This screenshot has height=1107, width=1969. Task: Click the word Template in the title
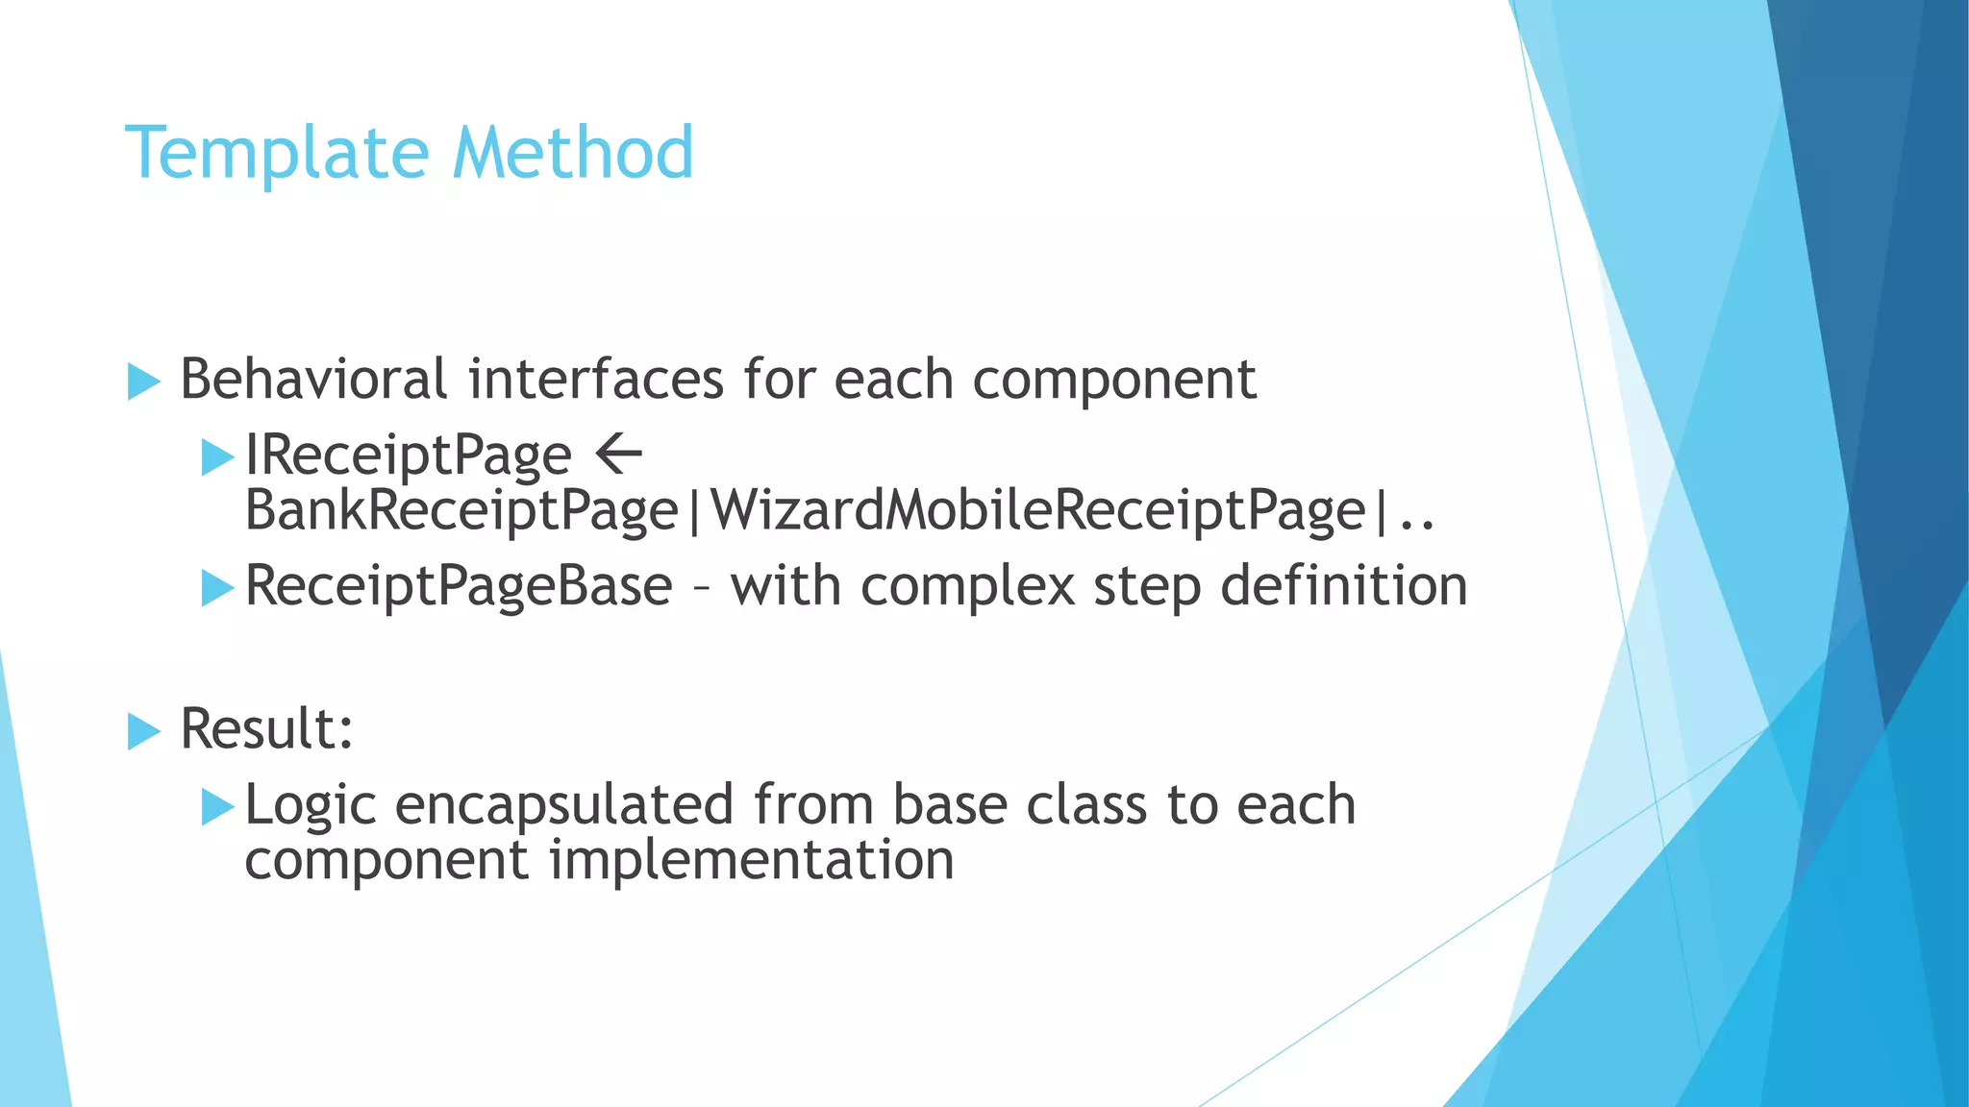(275, 154)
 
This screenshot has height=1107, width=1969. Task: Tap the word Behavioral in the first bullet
(313, 379)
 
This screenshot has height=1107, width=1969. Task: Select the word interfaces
(595, 379)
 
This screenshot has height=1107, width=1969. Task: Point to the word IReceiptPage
(408, 455)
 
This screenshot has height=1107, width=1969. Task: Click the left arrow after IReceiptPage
(618, 454)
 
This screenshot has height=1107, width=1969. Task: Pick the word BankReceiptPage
(461, 510)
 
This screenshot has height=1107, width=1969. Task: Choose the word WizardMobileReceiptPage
(1038, 510)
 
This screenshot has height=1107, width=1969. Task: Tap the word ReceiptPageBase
(459, 586)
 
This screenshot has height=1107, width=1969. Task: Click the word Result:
(266, 728)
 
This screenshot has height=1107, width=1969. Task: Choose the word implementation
(751, 859)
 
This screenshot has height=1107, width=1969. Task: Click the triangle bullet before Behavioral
(143, 381)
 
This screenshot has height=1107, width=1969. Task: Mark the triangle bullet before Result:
(143, 732)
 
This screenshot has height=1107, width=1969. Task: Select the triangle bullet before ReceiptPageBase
(217, 588)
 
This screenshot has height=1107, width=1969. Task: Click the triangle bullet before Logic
(217, 807)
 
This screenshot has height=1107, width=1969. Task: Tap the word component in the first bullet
(1113, 381)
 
